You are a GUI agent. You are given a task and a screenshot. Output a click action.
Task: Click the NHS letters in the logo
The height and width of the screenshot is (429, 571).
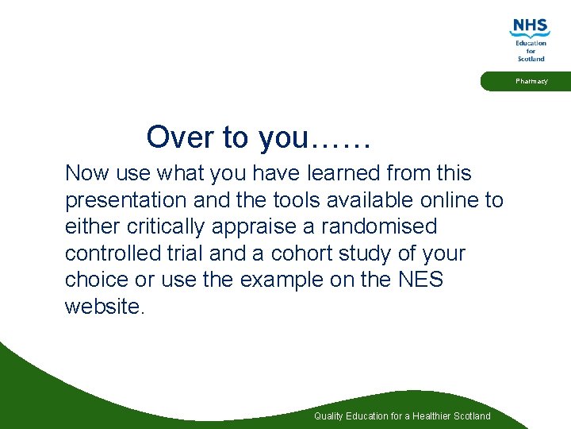[530, 26]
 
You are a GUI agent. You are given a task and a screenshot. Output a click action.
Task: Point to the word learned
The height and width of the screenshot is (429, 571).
[346, 173]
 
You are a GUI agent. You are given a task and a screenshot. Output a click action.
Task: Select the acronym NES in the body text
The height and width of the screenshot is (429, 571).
[420, 280]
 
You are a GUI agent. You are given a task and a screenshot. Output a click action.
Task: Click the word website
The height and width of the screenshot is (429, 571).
[103, 307]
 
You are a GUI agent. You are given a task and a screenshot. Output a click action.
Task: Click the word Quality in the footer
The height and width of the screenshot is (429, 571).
[329, 416]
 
